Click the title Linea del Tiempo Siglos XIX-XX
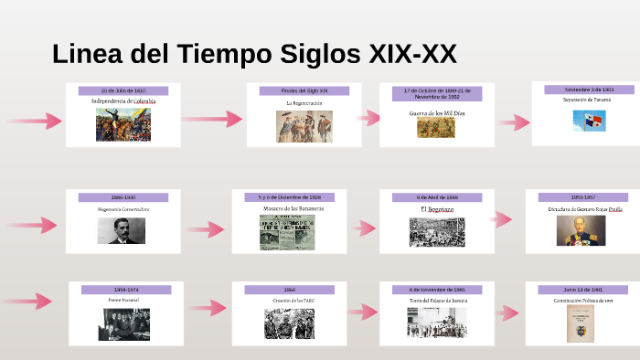click(x=254, y=54)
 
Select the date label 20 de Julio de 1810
click(x=123, y=91)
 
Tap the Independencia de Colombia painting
click(x=123, y=124)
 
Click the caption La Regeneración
click(x=304, y=103)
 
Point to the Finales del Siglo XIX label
click(x=304, y=90)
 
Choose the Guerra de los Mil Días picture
click(x=436, y=128)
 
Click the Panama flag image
click(x=589, y=121)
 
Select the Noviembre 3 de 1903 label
click(x=589, y=90)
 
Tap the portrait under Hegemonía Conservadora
click(x=121, y=230)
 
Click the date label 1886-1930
click(x=123, y=197)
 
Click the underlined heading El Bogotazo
click(x=437, y=209)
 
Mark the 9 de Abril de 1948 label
click(x=437, y=197)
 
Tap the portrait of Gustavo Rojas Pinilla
click(x=581, y=230)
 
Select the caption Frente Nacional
click(x=124, y=300)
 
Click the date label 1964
click(x=289, y=290)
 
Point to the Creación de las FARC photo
click(x=289, y=324)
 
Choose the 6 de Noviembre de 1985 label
click(x=437, y=290)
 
